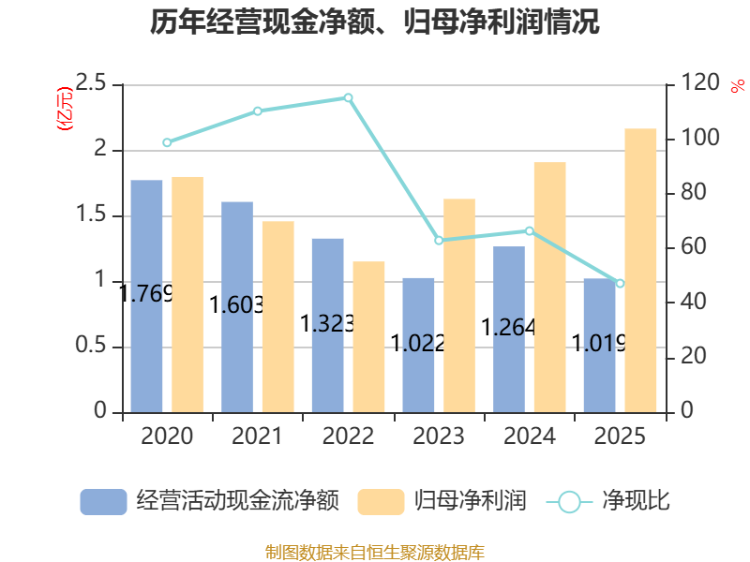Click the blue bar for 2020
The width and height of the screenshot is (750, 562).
146,296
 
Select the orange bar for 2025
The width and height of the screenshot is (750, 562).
640,271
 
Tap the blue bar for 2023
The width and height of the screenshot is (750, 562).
418,346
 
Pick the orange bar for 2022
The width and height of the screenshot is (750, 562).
368,337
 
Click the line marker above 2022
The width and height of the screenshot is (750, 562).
348,98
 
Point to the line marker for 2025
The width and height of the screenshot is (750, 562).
620,284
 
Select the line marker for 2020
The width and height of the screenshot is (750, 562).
167,142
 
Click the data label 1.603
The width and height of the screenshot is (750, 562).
237,305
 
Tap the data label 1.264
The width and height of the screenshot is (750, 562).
508,327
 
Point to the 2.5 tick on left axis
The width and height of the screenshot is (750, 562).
91,83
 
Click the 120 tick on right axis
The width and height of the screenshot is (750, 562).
699,82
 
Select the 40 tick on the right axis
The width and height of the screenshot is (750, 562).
693,302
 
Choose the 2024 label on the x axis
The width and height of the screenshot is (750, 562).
530,436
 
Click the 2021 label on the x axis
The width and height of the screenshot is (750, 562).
257,436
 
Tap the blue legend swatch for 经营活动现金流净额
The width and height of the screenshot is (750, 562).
103,502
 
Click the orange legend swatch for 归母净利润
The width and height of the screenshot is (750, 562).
381,502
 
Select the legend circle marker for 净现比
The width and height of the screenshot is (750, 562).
569,502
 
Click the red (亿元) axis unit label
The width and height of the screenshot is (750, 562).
65,109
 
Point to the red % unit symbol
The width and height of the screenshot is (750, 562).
738,86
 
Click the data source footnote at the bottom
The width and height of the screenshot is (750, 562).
375,553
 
